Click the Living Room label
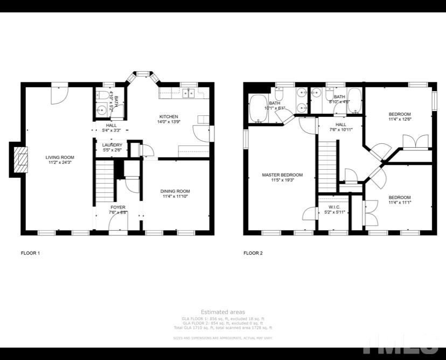tap(59, 160)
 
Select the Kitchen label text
tap(168, 120)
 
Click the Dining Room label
tap(176, 194)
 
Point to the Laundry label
tap(112, 148)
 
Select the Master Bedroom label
tap(282, 177)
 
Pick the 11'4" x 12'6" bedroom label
tap(400, 117)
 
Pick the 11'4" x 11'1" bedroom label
tap(400, 200)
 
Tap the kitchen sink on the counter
tap(189, 94)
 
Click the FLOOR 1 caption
tap(30, 253)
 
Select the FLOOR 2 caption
tap(253, 253)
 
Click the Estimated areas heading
tap(222, 312)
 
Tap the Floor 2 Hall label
tap(340, 127)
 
